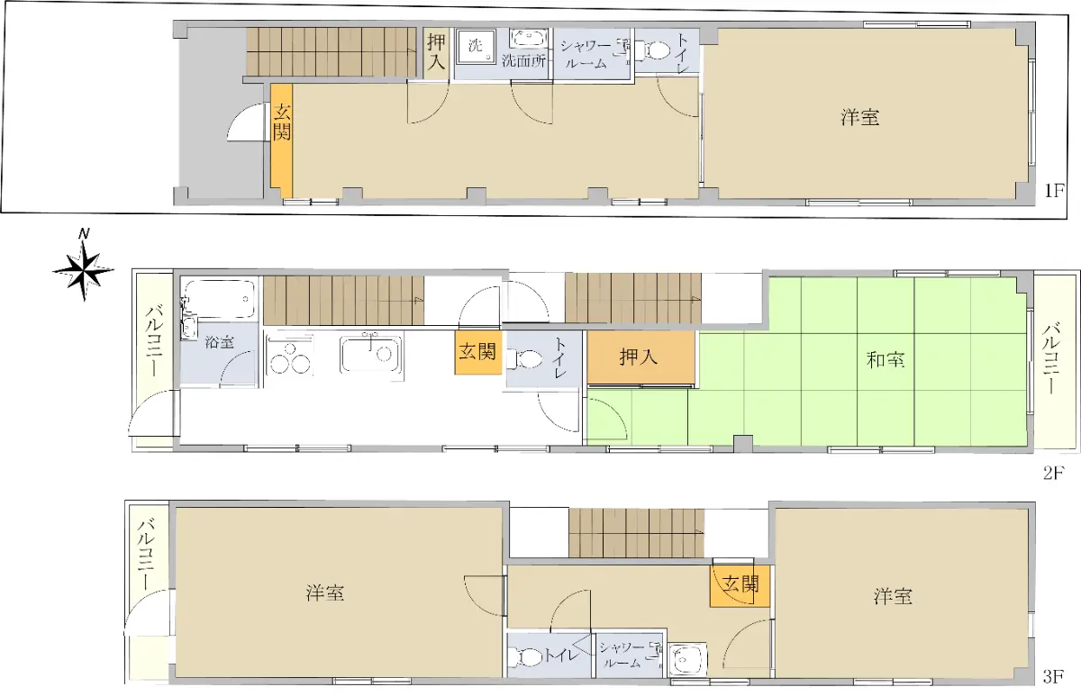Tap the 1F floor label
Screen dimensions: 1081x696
(1054, 191)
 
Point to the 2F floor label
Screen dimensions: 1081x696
(1053, 473)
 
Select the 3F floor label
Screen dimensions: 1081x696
(1053, 677)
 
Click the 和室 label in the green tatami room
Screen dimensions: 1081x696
(886, 360)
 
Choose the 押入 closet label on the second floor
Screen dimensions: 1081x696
(639, 357)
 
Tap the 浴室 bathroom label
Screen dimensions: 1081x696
(220, 342)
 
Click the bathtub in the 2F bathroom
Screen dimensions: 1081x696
(220, 299)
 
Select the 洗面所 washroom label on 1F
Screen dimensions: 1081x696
(524, 61)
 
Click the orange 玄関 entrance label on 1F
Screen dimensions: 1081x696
(282, 123)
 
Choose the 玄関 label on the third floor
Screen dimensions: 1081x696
(740, 584)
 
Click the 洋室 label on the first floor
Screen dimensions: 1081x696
(860, 117)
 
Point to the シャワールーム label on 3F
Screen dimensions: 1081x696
(622, 655)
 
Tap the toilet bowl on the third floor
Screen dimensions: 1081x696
(526, 657)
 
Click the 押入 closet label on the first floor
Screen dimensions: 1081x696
(436, 51)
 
